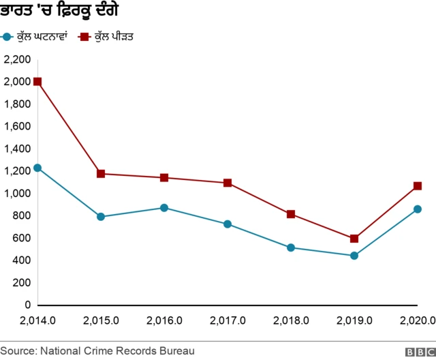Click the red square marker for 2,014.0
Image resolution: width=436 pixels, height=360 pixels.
[37, 82]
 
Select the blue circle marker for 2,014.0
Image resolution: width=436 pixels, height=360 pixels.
[37, 168]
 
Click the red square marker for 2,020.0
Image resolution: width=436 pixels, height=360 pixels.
[417, 186]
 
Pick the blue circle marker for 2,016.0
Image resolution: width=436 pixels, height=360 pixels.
[164, 207]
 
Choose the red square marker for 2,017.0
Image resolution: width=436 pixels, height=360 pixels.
[228, 183]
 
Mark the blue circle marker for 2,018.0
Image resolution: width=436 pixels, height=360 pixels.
[291, 247]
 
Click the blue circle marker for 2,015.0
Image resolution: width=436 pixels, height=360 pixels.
[101, 217]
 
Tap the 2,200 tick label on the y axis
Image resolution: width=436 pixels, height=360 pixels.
[17, 60]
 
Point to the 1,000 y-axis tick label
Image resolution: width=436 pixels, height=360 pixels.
[17, 194]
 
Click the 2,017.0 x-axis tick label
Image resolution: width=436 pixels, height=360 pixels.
[228, 320]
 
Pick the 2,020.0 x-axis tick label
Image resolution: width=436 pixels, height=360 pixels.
[417, 320]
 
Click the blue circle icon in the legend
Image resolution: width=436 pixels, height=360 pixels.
[7, 36]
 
